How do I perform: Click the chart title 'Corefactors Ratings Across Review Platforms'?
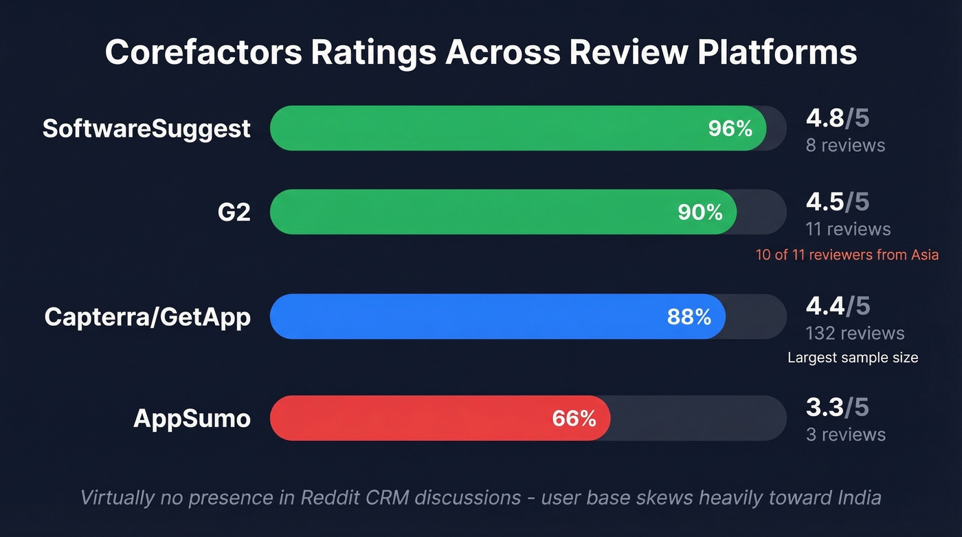pyautogui.click(x=481, y=53)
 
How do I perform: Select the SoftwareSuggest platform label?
pyautogui.click(x=146, y=129)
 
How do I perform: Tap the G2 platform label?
pyautogui.click(x=234, y=212)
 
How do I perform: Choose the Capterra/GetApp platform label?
pyautogui.click(x=147, y=317)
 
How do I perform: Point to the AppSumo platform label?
pyautogui.click(x=192, y=418)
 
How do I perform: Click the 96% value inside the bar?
pyautogui.click(x=730, y=129)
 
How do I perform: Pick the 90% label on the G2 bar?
pyautogui.click(x=700, y=212)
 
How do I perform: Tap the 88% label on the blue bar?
pyautogui.click(x=689, y=317)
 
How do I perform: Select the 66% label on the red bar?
pyautogui.click(x=574, y=418)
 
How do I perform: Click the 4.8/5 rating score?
pyautogui.click(x=837, y=118)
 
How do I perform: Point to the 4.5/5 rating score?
pyautogui.click(x=837, y=202)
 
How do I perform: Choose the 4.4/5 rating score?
pyautogui.click(x=837, y=306)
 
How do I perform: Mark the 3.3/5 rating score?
pyautogui.click(x=837, y=408)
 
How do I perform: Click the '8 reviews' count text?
pyautogui.click(x=845, y=146)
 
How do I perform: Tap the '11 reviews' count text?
pyautogui.click(x=848, y=229)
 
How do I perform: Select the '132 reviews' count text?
pyautogui.click(x=855, y=333)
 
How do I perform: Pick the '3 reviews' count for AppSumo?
pyautogui.click(x=845, y=435)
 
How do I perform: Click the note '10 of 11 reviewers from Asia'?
pyautogui.click(x=847, y=255)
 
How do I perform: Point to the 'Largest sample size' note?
pyautogui.click(x=852, y=358)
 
